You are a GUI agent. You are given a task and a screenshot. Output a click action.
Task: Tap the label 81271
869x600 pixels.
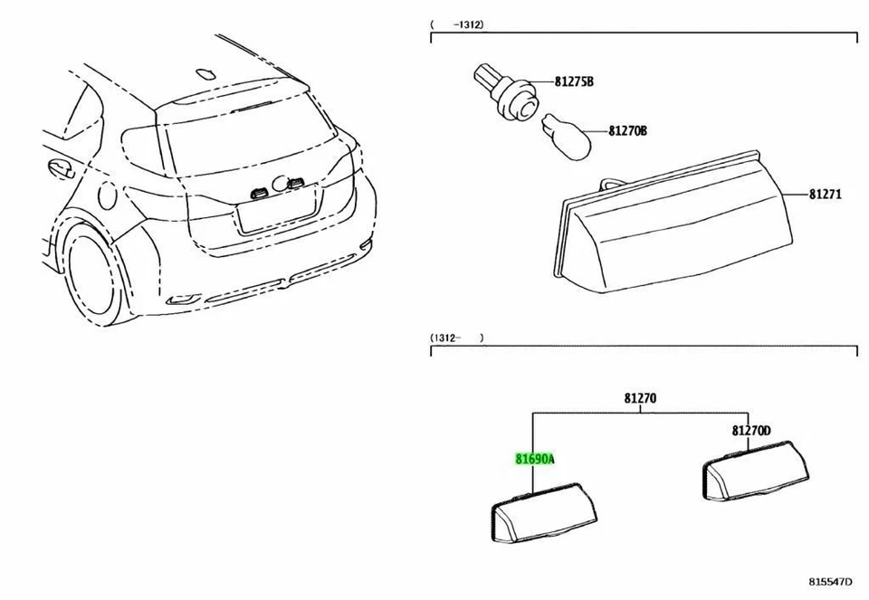[826, 194]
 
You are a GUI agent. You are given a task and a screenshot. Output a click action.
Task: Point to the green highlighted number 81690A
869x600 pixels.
[535, 459]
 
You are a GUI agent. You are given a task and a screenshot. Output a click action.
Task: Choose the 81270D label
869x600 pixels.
[751, 431]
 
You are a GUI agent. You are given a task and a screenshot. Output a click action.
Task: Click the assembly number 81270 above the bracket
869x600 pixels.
[640, 397]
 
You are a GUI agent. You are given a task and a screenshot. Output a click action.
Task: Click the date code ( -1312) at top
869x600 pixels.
[457, 24]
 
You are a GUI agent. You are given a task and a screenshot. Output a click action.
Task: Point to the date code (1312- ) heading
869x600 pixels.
[457, 338]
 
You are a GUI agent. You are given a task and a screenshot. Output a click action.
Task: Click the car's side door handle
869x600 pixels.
[61, 167]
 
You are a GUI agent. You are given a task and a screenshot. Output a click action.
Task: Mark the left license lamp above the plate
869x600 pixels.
[259, 190]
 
